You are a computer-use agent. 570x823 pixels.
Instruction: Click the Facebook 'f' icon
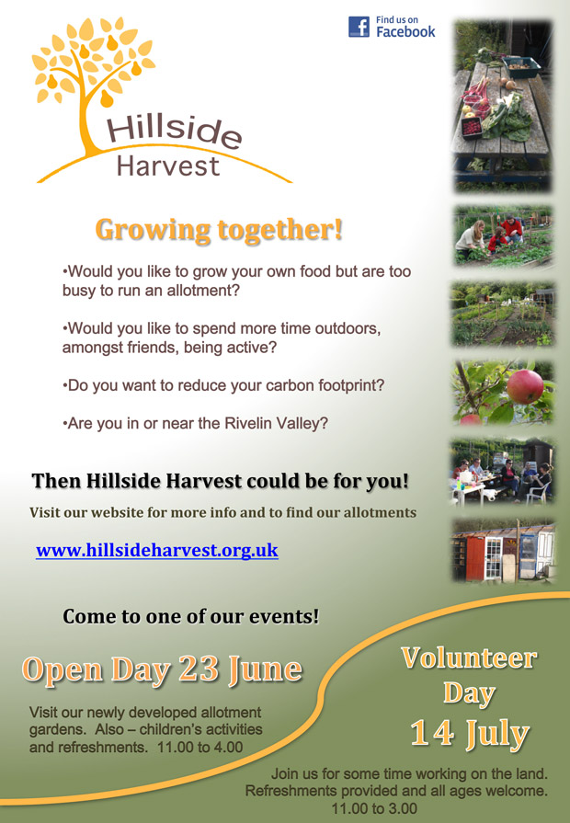pos(359,27)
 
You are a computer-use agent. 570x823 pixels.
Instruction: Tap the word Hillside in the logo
pos(175,130)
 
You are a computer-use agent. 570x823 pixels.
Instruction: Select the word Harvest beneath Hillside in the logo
pos(168,166)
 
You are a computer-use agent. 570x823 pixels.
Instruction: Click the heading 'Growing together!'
pos(219,230)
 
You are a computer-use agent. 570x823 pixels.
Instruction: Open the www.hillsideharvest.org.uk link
pos(157,550)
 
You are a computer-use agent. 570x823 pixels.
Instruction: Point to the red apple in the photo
pos(525,387)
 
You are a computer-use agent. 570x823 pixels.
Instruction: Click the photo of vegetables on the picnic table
pos(503,106)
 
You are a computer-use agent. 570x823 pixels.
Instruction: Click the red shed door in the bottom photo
pos(475,558)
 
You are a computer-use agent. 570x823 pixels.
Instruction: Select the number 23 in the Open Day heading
pos(199,669)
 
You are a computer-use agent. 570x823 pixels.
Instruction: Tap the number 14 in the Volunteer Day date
pos(432,732)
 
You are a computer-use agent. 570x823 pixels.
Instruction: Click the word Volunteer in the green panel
pos(469,657)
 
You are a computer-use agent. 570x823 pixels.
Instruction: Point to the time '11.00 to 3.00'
pos(374,808)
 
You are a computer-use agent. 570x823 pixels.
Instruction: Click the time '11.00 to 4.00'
pos(200,747)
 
